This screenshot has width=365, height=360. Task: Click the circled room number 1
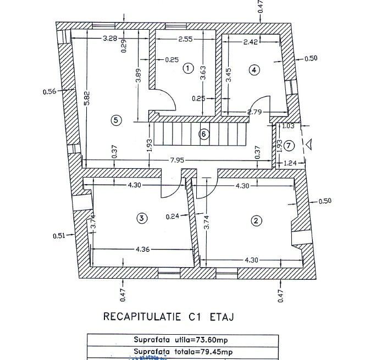point(188,68)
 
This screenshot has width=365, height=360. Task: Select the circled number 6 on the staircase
point(204,134)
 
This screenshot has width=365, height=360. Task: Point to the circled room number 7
point(290,145)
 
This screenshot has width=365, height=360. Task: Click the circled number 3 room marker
point(141,218)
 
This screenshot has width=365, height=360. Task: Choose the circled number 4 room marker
point(253,69)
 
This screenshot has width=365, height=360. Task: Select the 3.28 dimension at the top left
point(110,38)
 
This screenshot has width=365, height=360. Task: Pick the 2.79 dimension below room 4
point(255,112)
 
